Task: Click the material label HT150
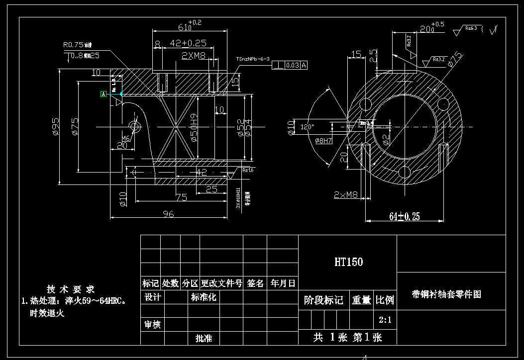pyautogui.click(x=348, y=262)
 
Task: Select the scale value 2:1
pyautogui.click(x=385, y=320)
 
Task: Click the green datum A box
pyautogui.click(x=104, y=93)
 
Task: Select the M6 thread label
pyautogui.click(x=127, y=139)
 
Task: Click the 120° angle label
pyautogui.click(x=307, y=127)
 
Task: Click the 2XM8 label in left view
pyautogui.click(x=194, y=56)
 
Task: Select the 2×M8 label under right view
pyautogui.click(x=346, y=195)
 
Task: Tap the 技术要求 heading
pyautogui.click(x=71, y=289)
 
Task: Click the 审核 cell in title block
pyautogui.click(x=152, y=325)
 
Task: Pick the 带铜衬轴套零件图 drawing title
pyautogui.click(x=446, y=294)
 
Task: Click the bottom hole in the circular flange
pyautogui.click(x=405, y=172)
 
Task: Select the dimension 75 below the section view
pyautogui.click(x=181, y=197)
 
